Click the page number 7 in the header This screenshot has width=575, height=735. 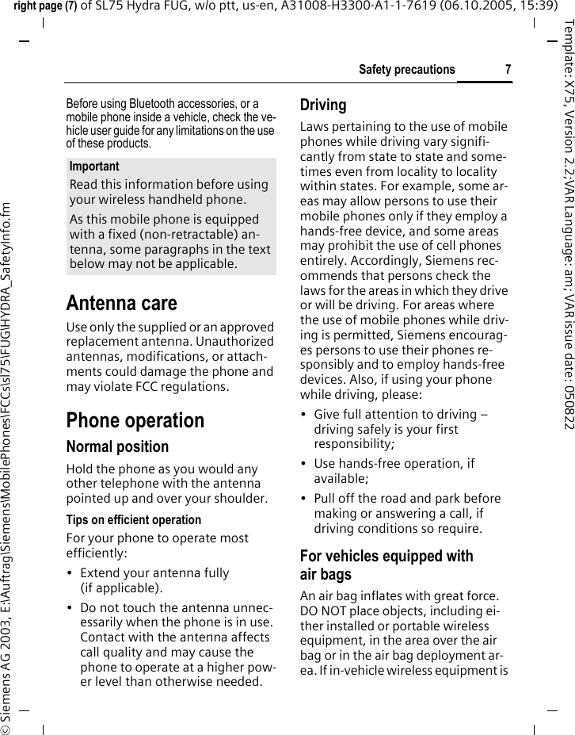click(x=507, y=70)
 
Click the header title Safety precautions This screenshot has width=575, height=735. click(x=406, y=70)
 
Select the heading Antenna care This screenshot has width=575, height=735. click(x=121, y=303)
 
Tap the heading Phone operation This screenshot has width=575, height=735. click(x=135, y=419)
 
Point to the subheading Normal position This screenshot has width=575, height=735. click(x=117, y=446)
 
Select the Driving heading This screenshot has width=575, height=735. click(x=323, y=105)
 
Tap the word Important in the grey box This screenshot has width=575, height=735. click(x=94, y=167)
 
